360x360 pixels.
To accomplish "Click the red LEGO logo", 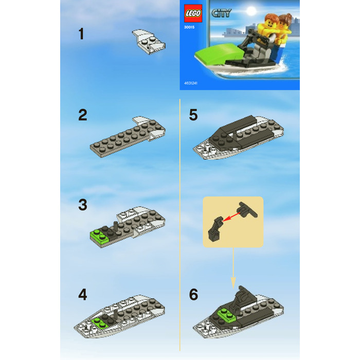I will point(193,13).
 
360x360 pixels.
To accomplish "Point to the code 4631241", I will point(191,82).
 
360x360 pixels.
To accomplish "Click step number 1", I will point(81,34).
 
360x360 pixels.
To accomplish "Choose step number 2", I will point(82,115).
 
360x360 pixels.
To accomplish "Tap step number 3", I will point(82,205).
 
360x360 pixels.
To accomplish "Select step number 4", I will point(82,295).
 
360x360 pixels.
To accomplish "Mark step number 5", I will point(193,115).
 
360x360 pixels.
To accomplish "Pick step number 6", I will point(193,295).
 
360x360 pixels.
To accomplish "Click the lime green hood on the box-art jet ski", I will point(216,55).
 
